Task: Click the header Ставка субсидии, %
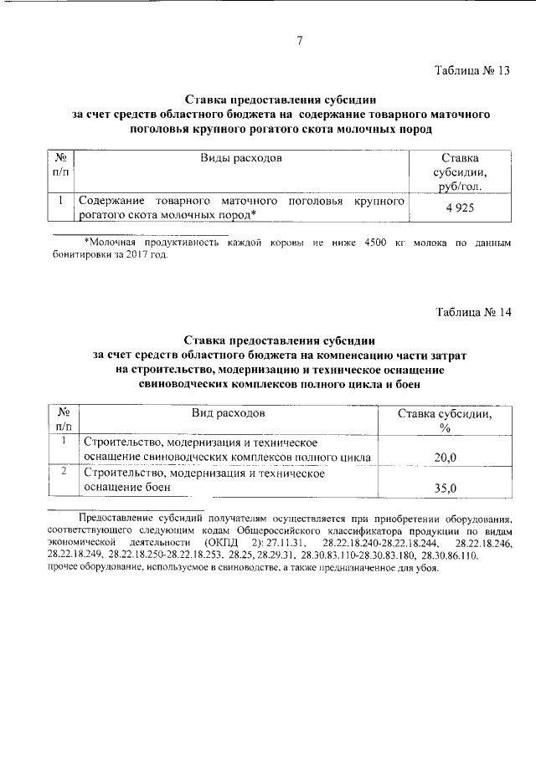pos(445,421)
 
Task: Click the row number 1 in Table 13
pos(62,201)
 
